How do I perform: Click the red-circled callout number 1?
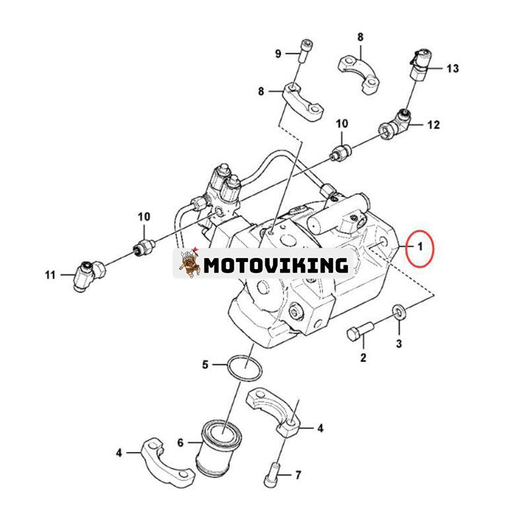420,247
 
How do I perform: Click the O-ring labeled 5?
245,369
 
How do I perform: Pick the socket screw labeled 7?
273,475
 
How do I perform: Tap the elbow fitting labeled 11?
89,275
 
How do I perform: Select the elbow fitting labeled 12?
395,125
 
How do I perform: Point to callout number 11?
50,275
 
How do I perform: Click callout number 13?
453,69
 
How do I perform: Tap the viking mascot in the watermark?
189,263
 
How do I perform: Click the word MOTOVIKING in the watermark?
276,265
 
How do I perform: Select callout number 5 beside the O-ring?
205,364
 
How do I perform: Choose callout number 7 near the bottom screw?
298,475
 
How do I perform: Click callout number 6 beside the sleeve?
180,442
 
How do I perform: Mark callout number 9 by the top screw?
278,53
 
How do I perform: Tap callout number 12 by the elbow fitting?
434,125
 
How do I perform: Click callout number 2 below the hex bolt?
363,357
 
